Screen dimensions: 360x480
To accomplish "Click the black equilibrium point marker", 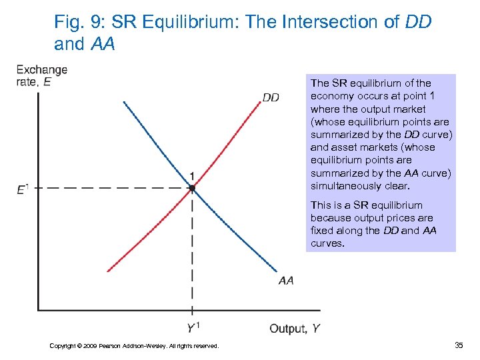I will [192, 189].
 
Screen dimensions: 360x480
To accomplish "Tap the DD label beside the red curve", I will [271, 97].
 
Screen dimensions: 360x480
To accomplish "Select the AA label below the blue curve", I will [286, 281].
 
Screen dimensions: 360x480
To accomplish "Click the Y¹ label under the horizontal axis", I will [193, 328].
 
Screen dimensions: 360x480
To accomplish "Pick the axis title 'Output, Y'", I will [295, 328].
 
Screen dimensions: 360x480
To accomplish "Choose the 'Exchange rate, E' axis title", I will [41, 75].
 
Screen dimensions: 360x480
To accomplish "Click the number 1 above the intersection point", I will [192, 176].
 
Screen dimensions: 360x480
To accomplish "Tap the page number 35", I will [459, 345].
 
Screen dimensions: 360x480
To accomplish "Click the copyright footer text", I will [134, 345].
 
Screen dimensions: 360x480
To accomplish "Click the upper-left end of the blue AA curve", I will [124, 102].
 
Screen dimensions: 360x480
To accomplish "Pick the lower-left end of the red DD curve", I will [108, 271].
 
